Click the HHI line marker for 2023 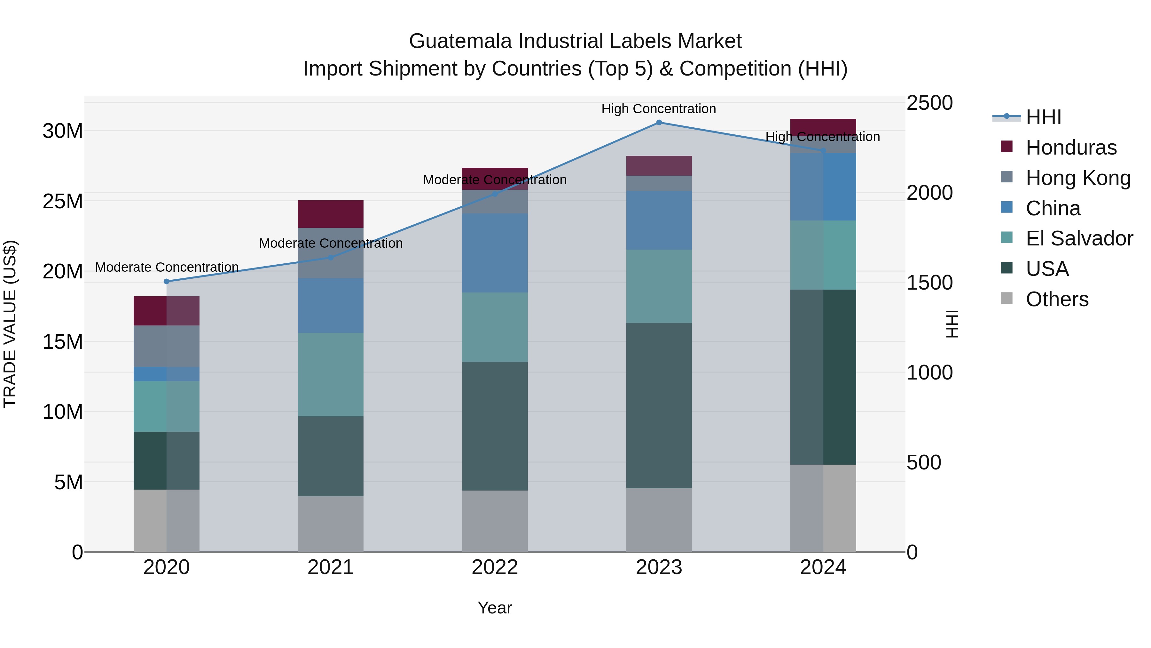click(659, 123)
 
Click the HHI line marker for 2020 click(167, 281)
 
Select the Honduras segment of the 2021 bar click(331, 214)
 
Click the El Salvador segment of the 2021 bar click(331, 374)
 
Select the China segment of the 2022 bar click(495, 253)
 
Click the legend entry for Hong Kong click(1078, 178)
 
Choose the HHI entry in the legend click(1043, 117)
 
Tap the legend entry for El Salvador click(1079, 238)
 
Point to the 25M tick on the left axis click(63, 201)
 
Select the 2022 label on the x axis click(495, 567)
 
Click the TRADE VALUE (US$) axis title click(10, 324)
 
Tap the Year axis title click(495, 608)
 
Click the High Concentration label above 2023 click(659, 109)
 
